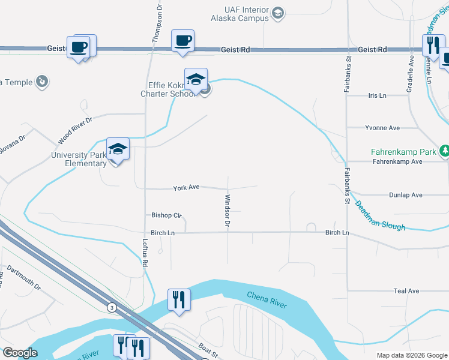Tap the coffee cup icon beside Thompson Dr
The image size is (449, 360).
click(182, 41)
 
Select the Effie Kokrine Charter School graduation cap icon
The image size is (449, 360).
click(196, 79)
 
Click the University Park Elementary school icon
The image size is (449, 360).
click(118, 149)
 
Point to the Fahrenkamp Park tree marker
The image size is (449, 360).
click(445, 150)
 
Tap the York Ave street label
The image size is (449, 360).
click(186, 188)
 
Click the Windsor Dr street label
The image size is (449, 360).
click(228, 211)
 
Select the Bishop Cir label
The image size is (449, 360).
click(166, 215)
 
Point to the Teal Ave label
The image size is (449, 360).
click(406, 291)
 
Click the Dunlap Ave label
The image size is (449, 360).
click(405, 195)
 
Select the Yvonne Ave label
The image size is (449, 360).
click(382, 128)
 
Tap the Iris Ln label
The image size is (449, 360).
click(377, 95)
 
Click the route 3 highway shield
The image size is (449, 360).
click(111, 307)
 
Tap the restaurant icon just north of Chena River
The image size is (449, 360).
click(179, 299)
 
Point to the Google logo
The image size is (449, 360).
click(20, 353)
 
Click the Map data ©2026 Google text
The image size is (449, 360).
click(411, 355)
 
